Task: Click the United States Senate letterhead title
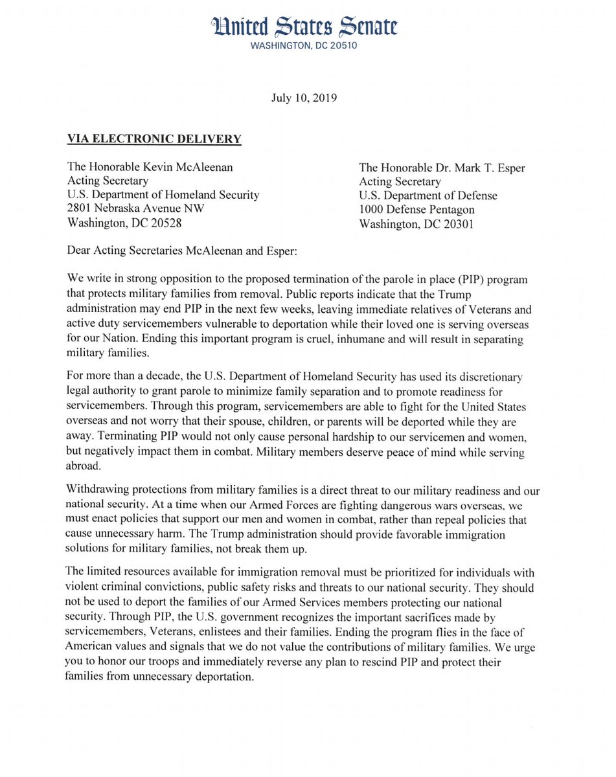[304, 27]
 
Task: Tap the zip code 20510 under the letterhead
[343, 46]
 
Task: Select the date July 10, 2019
[304, 98]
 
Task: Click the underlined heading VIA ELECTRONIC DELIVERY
[154, 139]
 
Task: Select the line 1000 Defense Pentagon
[416, 209]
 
